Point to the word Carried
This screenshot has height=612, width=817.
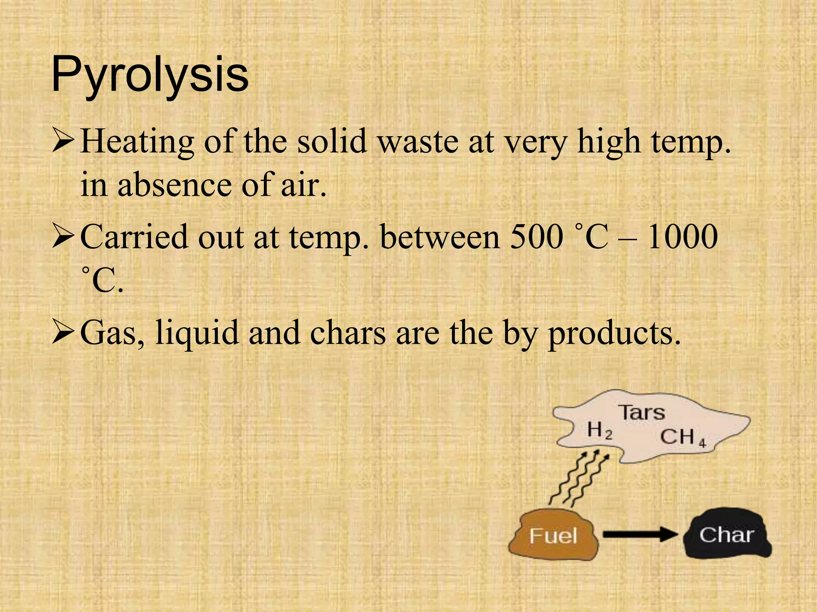(x=134, y=237)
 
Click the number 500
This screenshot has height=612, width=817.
(x=536, y=237)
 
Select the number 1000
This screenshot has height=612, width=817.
(x=682, y=237)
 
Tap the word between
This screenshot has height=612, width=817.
(x=440, y=237)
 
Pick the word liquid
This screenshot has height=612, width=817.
(x=197, y=333)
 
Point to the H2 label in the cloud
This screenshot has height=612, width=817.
(x=600, y=431)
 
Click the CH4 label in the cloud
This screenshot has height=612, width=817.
(x=683, y=437)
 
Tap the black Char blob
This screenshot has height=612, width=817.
(x=726, y=534)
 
